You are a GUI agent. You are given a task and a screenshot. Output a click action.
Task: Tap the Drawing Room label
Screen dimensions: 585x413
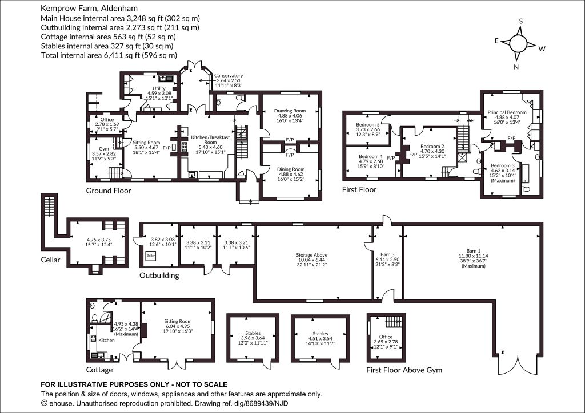click(290, 111)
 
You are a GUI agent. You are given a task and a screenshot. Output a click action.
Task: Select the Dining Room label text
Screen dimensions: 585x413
click(291, 169)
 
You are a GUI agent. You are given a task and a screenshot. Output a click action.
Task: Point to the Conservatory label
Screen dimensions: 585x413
click(229, 76)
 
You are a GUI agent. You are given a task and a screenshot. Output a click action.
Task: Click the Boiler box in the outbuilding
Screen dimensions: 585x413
click(151, 256)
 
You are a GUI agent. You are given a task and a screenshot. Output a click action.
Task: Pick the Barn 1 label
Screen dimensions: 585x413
click(474, 250)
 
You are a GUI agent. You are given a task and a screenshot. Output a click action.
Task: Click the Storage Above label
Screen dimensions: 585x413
click(311, 255)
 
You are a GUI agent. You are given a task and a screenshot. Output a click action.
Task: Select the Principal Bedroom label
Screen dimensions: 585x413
click(507, 112)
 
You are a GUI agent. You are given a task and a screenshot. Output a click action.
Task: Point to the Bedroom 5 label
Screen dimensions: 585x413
click(368, 125)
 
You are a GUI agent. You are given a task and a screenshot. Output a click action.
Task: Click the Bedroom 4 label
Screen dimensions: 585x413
click(370, 157)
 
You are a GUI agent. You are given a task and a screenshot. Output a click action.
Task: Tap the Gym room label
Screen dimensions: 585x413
click(104, 148)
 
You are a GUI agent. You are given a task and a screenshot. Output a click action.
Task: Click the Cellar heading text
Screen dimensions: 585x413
click(50, 260)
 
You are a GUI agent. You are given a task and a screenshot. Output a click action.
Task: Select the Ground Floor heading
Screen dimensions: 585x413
click(109, 191)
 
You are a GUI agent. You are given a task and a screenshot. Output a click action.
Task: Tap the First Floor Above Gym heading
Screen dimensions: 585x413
click(404, 370)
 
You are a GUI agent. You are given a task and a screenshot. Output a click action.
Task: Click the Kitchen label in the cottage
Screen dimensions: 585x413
click(106, 340)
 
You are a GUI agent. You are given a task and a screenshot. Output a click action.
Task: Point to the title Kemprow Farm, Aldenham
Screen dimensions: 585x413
click(89, 8)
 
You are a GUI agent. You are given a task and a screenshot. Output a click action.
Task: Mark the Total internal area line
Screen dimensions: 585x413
click(109, 55)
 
